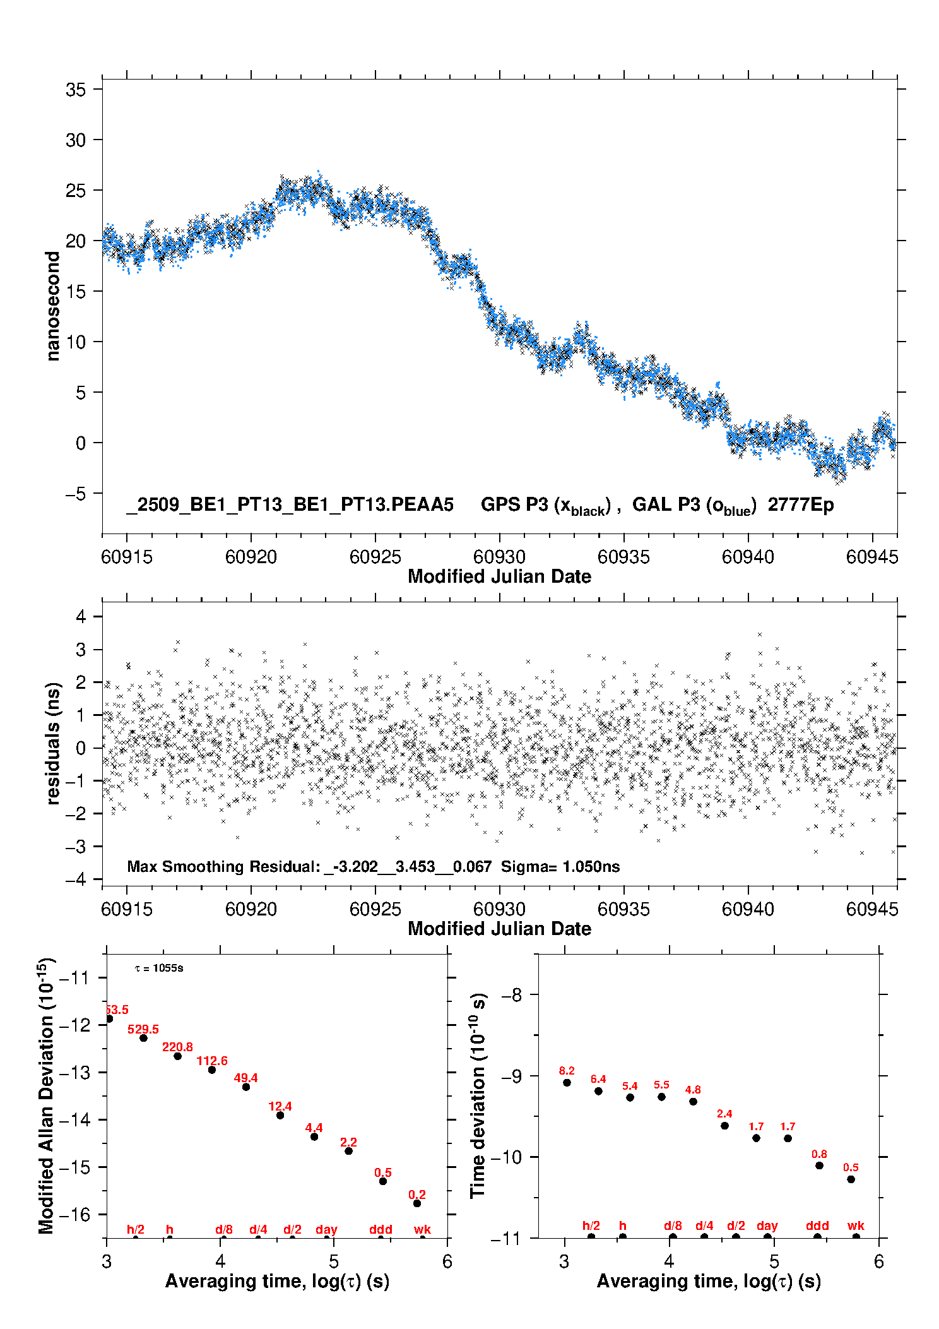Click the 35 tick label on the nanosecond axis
pyautogui.click(x=76, y=90)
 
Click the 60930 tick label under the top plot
pyautogui.click(x=499, y=557)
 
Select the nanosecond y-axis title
pyautogui.click(x=53, y=306)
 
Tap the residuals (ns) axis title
pyautogui.click(x=53, y=743)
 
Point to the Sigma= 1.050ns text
pyautogui.click(x=560, y=867)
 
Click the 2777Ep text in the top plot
pyautogui.click(x=801, y=505)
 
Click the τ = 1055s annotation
pyautogui.click(x=159, y=968)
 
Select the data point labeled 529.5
pyautogui.click(x=143, y=1038)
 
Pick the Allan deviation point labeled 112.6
pyautogui.click(x=212, y=1070)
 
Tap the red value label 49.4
pyautogui.click(x=245, y=1078)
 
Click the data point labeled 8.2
pyautogui.click(x=567, y=1082)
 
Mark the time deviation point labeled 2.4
pyautogui.click(x=724, y=1126)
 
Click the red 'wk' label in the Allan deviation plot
pyautogui.click(x=422, y=1229)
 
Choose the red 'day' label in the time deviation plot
pyautogui.click(x=767, y=1225)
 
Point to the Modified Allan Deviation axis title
pyautogui.click(x=46, y=1096)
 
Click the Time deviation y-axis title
pyautogui.click(x=478, y=1096)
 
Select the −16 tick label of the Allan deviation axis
pyautogui.click(x=74, y=1214)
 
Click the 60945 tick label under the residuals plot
pyautogui.click(x=872, y=909)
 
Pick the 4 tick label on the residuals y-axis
pyautogui.click(x=81, y=616)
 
